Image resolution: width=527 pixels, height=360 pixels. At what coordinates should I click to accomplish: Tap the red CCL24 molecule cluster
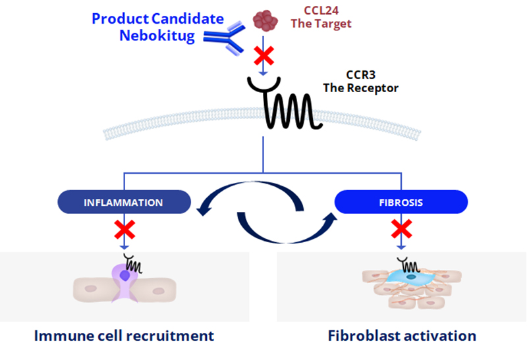[266, 19]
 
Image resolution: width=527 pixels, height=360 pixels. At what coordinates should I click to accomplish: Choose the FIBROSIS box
[401, 201]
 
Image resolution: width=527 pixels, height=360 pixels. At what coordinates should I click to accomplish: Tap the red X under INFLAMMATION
[123, 230]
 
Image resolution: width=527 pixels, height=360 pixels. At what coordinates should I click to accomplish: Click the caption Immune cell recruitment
[124, 336]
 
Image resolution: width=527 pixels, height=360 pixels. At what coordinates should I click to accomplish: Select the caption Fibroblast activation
[402, 336]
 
